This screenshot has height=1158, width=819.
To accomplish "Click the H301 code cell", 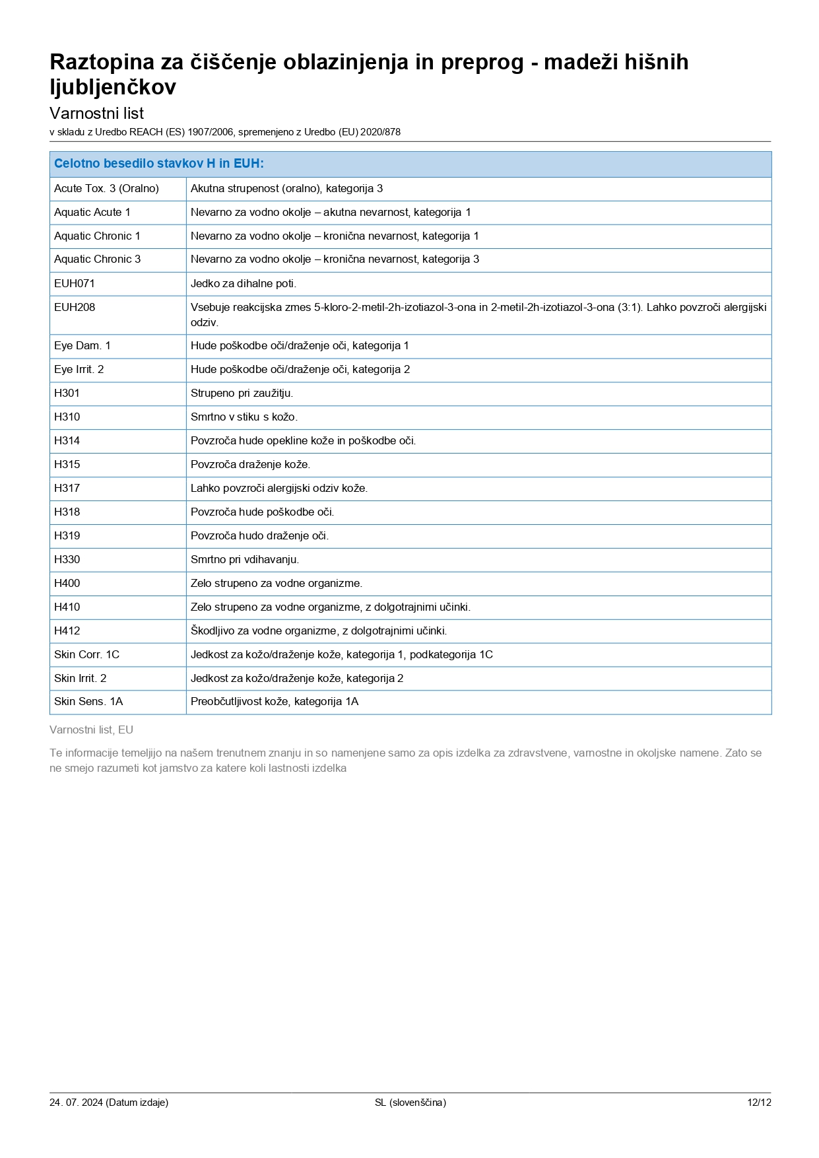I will pos(67,393).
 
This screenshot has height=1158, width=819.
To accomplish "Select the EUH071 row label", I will pos(75,284).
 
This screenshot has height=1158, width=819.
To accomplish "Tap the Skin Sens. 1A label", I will pos(88,702).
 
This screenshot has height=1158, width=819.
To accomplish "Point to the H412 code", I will pos(67,631).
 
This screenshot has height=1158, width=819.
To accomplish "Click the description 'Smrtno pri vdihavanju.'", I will pos(245,560).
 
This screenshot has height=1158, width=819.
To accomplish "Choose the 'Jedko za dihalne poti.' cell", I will pos(244,284).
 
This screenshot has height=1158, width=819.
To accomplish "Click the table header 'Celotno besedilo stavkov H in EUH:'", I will pos(159,164).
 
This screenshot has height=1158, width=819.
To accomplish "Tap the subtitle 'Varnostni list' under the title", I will pos(96,113).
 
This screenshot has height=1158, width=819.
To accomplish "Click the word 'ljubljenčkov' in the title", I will pos(113,87).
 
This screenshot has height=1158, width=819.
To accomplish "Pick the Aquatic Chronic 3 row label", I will pos(97,259).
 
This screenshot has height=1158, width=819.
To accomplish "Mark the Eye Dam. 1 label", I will pos(82,346).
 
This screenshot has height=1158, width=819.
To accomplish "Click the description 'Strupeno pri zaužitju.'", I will pos(242,393).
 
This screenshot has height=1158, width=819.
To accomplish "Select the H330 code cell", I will pos(67,560).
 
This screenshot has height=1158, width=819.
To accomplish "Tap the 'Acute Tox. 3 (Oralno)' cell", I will pos(106,189).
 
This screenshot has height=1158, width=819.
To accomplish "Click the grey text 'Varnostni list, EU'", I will pos(91,730).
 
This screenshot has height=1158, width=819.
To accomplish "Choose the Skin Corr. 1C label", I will pos(86,655).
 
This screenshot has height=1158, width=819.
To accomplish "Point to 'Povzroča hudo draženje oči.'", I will pos(259,536).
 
